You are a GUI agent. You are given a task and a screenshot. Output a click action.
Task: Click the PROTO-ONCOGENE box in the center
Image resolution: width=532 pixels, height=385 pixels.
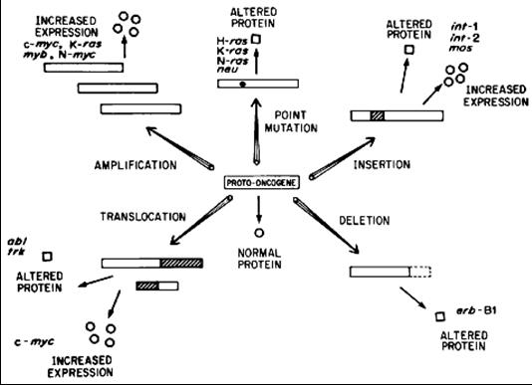[262, 183]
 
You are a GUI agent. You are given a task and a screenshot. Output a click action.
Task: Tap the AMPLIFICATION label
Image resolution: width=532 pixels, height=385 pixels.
[135, 165]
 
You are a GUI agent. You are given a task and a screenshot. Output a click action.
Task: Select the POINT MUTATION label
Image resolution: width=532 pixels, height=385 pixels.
[291, 121]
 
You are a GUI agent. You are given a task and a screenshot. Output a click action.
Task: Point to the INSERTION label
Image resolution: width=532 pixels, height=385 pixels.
[382, 165]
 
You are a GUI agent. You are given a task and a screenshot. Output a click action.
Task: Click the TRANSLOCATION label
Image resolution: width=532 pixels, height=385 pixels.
[142, 217]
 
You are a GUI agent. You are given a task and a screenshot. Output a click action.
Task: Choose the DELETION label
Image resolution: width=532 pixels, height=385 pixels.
[365, 221]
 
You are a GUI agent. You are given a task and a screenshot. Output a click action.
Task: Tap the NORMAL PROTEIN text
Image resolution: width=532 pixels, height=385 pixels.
[259, 259]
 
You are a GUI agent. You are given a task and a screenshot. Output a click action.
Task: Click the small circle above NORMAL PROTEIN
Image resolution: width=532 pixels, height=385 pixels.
[259, 233]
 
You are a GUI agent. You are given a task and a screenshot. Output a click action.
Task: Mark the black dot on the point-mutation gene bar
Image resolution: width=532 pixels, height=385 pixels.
[242, 84]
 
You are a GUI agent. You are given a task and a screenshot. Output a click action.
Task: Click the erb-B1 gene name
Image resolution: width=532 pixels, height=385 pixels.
[476, 310]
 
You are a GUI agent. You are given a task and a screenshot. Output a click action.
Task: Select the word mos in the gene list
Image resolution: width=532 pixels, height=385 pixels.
[460, 48]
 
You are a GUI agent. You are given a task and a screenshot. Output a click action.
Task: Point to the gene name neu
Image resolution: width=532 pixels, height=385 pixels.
[227, 69]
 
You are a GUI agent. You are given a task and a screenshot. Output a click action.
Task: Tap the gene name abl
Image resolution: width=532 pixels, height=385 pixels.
[17, 242]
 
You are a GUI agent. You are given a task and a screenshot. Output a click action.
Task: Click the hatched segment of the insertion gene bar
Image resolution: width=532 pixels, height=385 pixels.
[378, 116]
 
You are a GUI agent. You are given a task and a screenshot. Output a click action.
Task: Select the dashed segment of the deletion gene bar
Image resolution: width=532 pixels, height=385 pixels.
[420, 272]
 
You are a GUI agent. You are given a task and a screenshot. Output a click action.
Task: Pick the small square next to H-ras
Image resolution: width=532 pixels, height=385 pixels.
[256, 40]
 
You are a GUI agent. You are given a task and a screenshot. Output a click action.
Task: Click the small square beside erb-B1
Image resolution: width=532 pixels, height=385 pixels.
[440, 316]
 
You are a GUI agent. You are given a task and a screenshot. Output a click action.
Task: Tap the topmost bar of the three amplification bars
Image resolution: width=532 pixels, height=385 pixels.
[84, 68]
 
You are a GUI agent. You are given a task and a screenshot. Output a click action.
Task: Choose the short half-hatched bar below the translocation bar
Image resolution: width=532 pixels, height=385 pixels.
[157, 287]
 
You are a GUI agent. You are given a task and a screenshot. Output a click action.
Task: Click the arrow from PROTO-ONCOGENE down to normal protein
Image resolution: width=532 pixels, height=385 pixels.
[259, 209]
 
